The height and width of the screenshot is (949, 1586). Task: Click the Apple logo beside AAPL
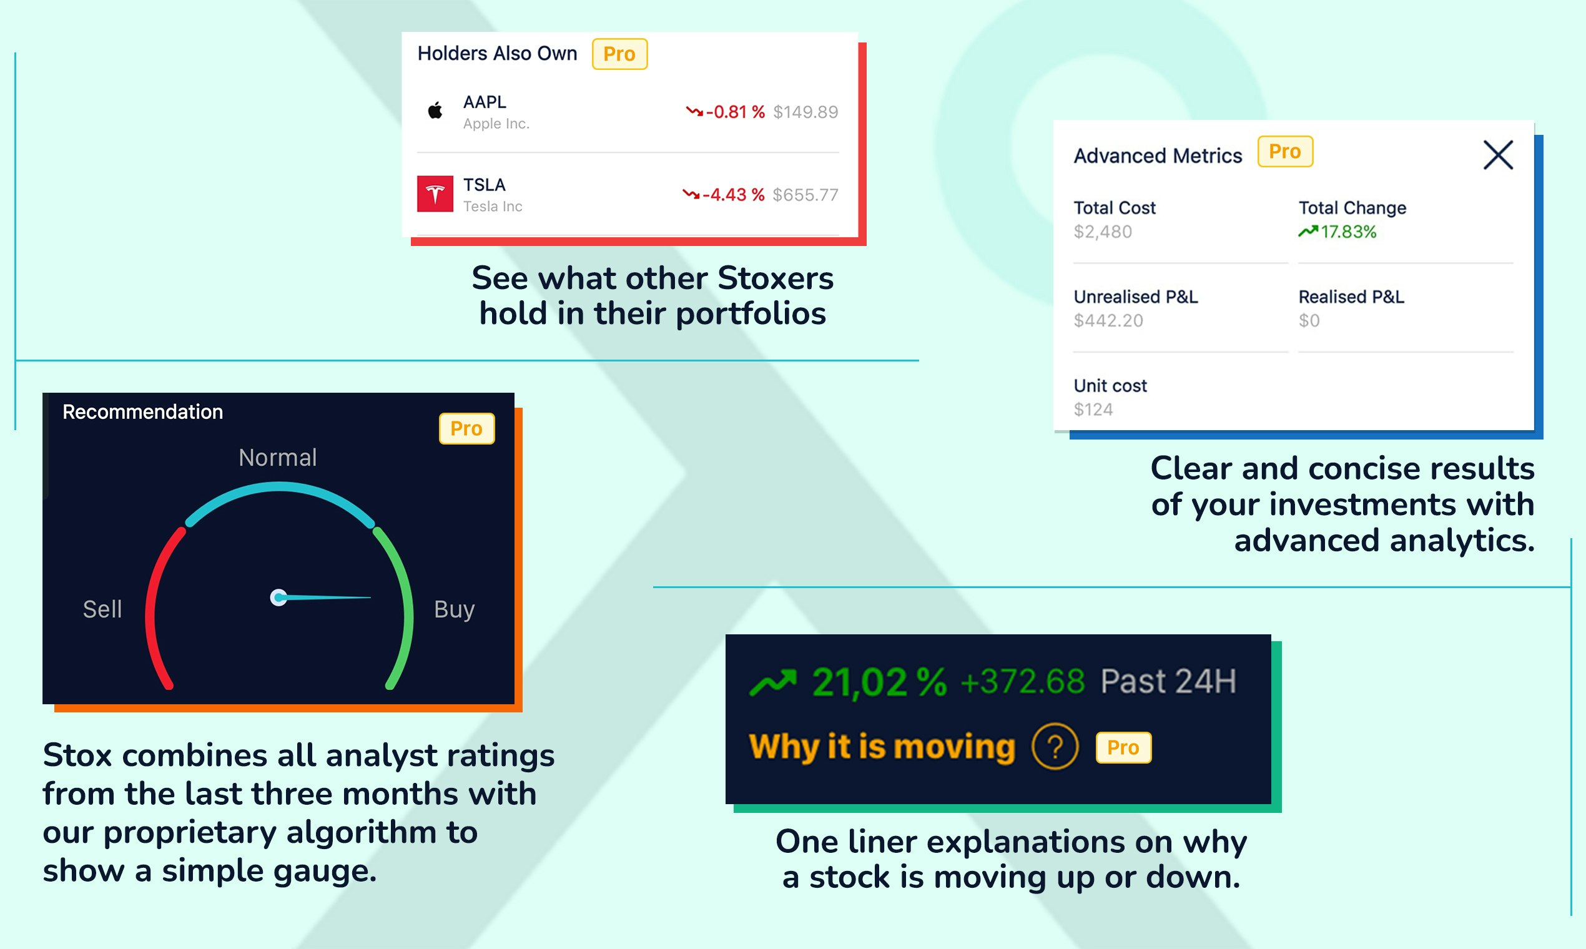click(x=435, y=111)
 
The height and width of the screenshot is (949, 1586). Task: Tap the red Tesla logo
click(x=435, y=194)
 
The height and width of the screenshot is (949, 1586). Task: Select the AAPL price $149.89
click(x=805, y=112)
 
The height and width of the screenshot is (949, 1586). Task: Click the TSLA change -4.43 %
click(x=733, y=194)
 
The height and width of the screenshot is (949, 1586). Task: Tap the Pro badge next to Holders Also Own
click(x=619, y=54)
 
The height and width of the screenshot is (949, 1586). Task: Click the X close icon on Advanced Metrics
click(x=1498, y=155)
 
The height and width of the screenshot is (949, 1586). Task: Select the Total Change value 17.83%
click(x=1348, y=232)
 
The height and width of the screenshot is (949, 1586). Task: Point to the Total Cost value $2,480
click(x=1103, y=232)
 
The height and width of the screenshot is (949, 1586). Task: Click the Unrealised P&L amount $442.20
click(x=1108, y=320)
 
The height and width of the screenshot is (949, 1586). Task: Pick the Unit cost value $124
click(x=1093, y=410)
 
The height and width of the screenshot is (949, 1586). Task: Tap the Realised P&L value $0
click(x=1309, y=320)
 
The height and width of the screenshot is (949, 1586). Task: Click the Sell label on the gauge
click(x=102, y=609)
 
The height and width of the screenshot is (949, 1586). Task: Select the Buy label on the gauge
click(x=454, y=609)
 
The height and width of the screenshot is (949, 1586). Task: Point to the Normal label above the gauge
click(x=277, y=457)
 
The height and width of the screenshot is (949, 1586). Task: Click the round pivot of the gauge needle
click(x=278, y=597)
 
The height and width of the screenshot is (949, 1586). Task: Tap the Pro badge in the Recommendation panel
click(x=466, y=428)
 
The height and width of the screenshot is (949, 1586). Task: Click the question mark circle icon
click(x=1055, y=746)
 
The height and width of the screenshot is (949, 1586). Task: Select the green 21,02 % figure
click(x=879, y=682)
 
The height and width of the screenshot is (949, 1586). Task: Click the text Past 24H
click(x=1168, y=681)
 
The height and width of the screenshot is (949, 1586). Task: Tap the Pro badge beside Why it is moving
click(x=1123, y=747)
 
